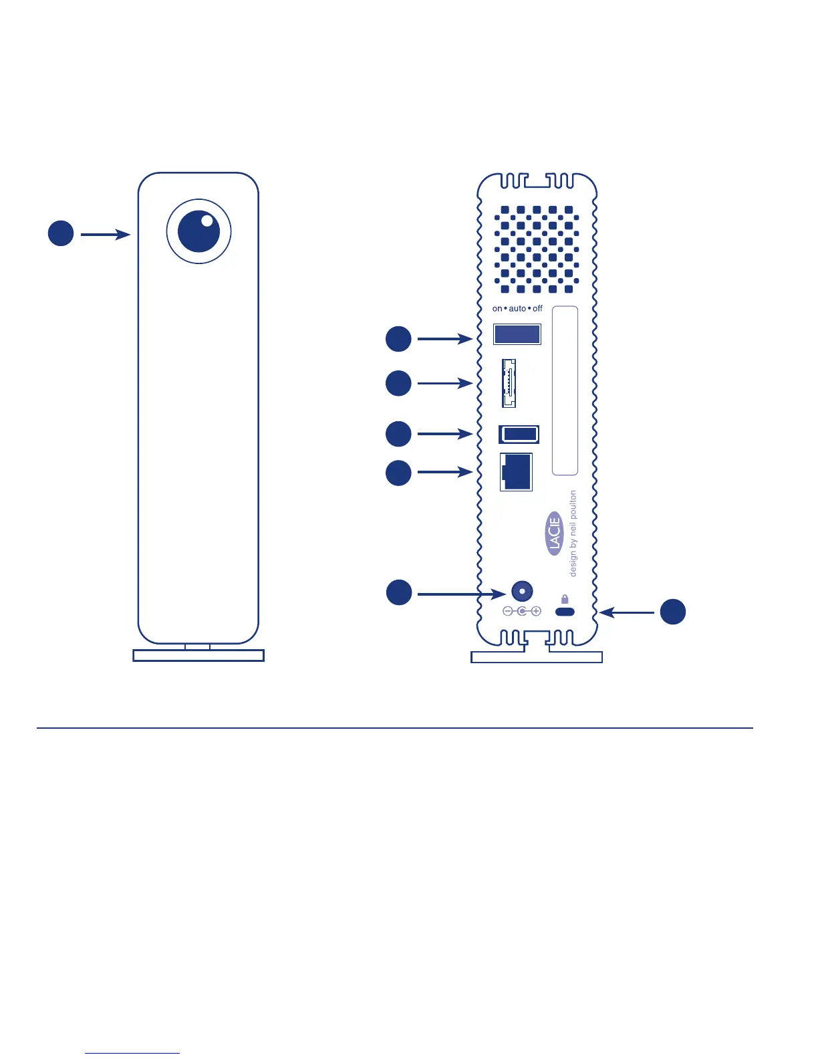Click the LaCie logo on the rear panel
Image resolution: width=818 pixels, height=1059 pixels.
coord(555,534)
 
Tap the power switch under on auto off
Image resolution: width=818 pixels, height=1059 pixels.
coord(517,334)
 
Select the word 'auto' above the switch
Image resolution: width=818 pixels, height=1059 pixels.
coord(517,309)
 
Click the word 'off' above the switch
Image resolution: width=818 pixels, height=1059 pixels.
coord(537,309)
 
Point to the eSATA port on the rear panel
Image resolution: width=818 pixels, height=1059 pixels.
coord(509,383)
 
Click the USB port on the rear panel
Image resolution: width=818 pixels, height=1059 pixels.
coord(519,434)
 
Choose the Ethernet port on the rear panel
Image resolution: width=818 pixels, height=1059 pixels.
coord(516,472)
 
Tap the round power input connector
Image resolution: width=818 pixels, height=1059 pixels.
coord(522,592)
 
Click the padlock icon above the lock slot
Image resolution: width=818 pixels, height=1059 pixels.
coord(565,599)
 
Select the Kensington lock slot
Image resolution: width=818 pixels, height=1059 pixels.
coord(565,612)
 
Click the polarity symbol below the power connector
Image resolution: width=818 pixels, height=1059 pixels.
coord(522,611)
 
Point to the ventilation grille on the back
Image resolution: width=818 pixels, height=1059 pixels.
coord(537,249)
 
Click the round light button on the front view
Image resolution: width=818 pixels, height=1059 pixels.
coord(198,231)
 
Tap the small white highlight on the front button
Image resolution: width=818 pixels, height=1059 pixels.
coord(207,220)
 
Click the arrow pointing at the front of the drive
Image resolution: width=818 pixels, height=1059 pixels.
coord(105,235)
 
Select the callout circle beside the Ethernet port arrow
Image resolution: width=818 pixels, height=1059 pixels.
coord(398,473)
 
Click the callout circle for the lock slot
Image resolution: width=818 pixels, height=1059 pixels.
coord(673,612)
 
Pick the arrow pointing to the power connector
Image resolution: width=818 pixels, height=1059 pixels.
coord(461,594)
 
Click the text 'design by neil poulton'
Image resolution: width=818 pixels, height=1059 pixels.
coord(573,534)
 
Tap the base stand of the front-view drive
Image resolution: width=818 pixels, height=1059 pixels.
coord(198,655)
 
